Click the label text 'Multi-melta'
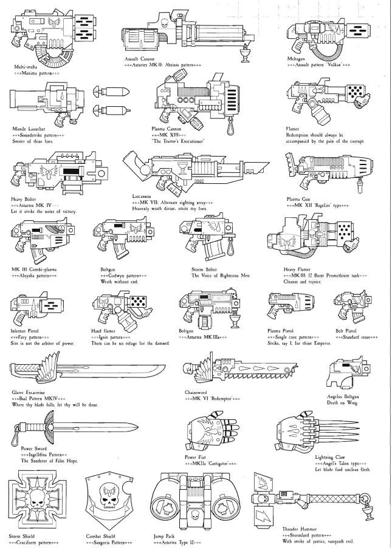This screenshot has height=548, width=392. [x=26, y=66]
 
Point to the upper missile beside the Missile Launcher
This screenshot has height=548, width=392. [x=109, y=91]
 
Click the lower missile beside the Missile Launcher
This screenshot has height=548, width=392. [x=109, y=110]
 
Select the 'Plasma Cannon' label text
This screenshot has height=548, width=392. [x=165, y=129]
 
